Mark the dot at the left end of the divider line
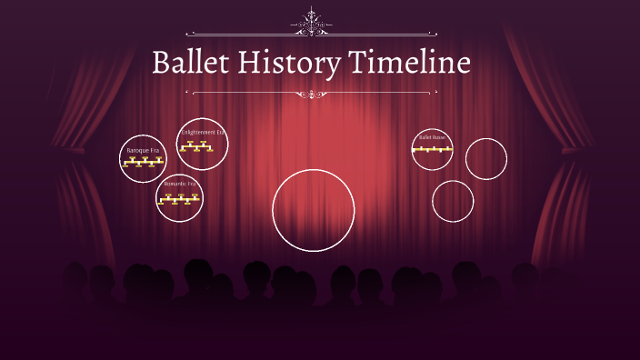186,92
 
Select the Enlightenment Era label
202,133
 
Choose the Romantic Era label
179,184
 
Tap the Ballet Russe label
432,137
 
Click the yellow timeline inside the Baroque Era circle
143,163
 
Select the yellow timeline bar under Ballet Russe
432,148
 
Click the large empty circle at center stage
314,209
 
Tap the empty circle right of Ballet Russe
486,159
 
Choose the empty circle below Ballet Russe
453,201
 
